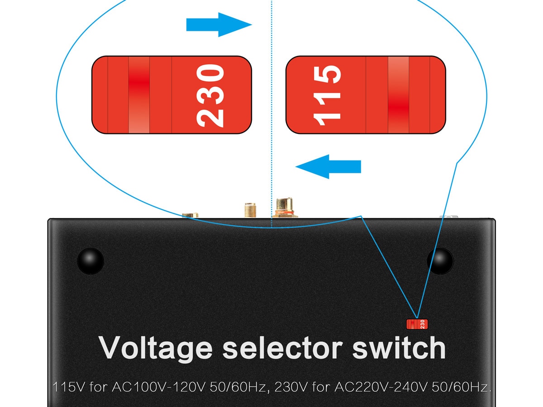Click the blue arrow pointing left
(x=328, y=166)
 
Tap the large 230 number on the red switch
(x=210, y=95)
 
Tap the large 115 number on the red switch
(x=327, y=95)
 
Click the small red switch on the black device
(x=417, y=324)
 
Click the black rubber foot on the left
(x=90, y=260)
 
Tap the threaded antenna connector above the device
(x=249, y=210)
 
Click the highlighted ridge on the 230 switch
(x=139, y=95)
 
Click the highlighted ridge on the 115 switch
(x=398, y=95)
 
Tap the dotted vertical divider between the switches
(x=271, y=113)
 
